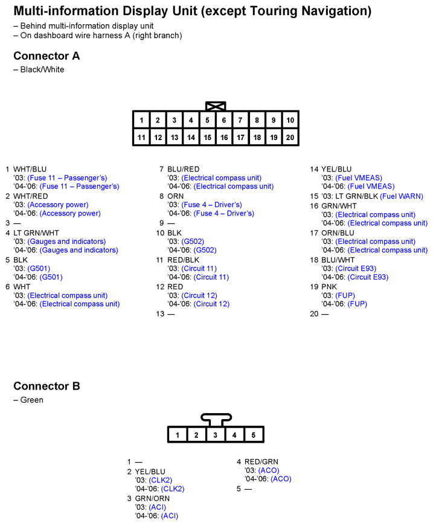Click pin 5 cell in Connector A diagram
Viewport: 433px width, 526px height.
click(207, 120)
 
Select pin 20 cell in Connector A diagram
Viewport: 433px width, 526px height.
click(290, 138)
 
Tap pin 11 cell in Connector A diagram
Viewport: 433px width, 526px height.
click(141, 138)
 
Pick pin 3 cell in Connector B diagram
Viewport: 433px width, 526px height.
click(215, 435)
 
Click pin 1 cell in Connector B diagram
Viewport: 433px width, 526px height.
click(177, 435)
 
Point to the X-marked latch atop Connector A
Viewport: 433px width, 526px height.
click(216, 106)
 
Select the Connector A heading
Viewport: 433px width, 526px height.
click(47, 56)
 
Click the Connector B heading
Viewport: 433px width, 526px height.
click(47, 386)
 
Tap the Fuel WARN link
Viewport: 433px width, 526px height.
click(402, 196)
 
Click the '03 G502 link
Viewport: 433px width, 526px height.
click(193, 242)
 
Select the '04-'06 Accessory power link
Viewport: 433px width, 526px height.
click(70, 213)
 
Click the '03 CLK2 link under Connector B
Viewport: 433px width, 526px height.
click(160, 480)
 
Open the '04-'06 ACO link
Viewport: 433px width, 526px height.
click(281, 479)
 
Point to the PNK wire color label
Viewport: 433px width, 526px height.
click(329, 287)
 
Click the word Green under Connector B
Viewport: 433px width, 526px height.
click(32, 400)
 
